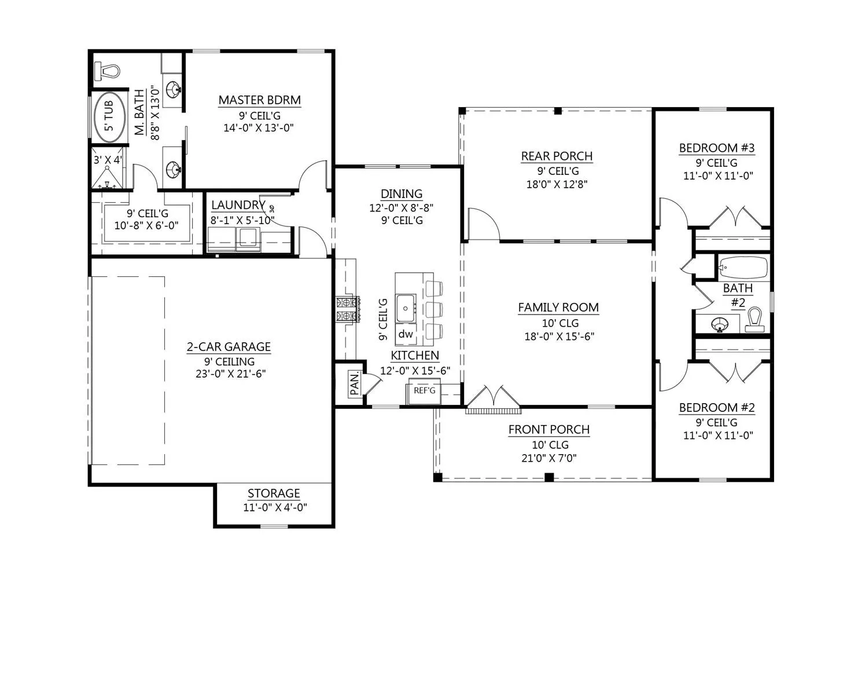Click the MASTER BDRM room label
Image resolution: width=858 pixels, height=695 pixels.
coord(259,100)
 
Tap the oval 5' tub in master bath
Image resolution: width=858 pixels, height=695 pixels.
coord(109,117)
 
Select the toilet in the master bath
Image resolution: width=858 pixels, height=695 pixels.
coord(107,71)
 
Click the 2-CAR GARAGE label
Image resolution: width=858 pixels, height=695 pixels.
coord(229,347)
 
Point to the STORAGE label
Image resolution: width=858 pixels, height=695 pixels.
coord(274,493)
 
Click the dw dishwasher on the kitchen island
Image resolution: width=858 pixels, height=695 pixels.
coord(406,334)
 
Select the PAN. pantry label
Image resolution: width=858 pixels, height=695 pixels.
coord(355,384)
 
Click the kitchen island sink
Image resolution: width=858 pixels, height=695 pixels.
coord(406,308)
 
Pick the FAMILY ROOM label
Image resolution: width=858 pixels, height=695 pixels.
coord(558,308)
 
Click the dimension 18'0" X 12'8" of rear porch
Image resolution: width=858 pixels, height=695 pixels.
coord(557,184)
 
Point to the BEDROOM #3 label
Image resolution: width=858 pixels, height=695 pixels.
coord(717,148)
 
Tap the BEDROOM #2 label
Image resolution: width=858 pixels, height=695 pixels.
coord(717,408)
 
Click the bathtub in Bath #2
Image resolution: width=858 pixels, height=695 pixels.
coord(743,267)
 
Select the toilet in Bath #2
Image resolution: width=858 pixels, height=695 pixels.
coord(754,320)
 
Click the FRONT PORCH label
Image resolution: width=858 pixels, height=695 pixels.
coord(548,430)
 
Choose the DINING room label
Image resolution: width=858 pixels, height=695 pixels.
coord(402,194)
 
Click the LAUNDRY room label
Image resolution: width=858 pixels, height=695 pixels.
coord(238,205)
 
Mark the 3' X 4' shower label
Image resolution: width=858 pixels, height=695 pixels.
coord(108,160)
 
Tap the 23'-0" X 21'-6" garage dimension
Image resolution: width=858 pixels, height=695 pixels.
coord(230,374)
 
